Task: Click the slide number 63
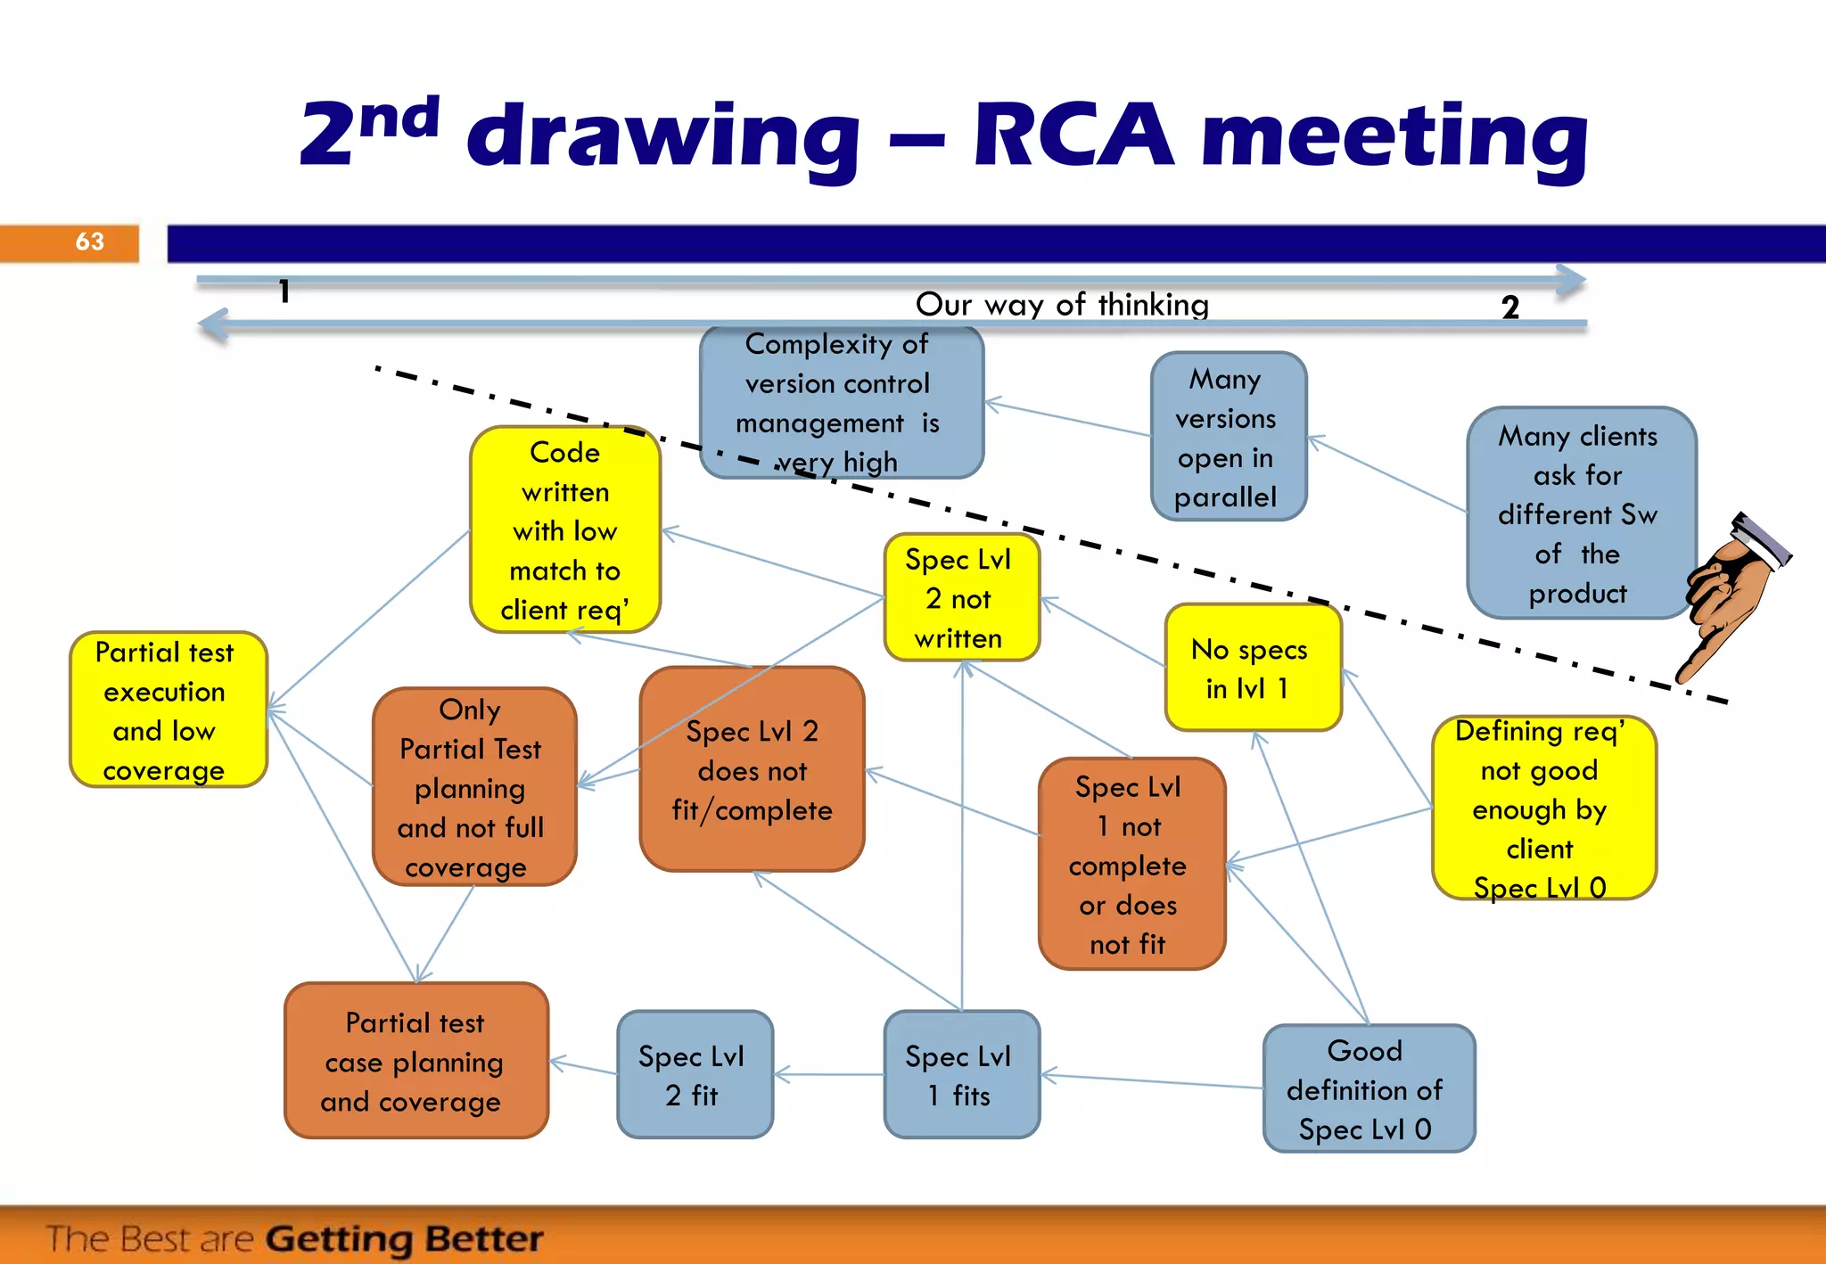89,242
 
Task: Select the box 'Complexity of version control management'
841,402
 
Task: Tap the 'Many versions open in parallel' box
1228,437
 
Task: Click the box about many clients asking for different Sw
1580,513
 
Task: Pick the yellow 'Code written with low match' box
565,529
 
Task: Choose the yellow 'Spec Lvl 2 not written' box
961,597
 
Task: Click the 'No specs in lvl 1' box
1252,668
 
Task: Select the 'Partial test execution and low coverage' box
168,710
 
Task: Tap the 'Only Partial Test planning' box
473,786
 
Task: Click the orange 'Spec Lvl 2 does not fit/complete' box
752,769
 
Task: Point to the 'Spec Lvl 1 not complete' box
1131,863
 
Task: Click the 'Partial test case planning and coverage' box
415,1061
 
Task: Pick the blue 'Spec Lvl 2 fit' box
695,1074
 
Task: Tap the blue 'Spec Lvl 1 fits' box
961,1074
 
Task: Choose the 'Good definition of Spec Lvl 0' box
1368,1088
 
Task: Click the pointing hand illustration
1730,593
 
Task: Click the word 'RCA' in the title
1073,135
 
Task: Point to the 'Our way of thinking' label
1062,305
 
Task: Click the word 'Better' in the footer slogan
484,1238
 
